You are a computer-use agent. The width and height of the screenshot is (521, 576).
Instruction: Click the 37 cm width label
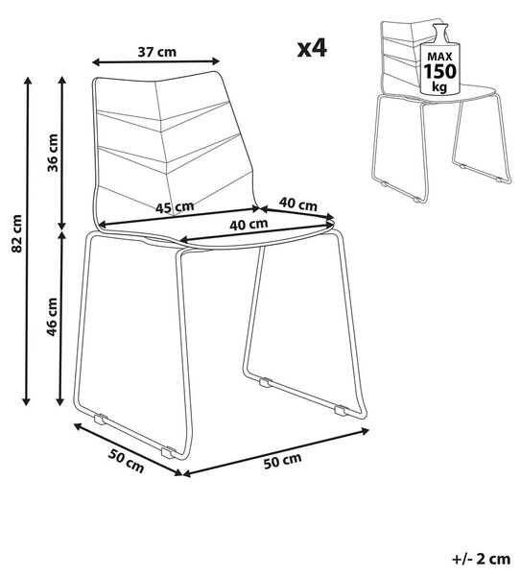(157, 52)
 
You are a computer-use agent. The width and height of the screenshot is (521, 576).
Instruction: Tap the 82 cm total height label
(17, 233)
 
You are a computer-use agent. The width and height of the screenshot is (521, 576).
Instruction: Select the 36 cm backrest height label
(53, 153)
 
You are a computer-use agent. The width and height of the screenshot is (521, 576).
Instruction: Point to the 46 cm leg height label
(52, 317)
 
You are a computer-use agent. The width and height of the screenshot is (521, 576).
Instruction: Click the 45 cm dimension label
(175, 207)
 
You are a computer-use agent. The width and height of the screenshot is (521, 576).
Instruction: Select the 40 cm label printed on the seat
(249, 224)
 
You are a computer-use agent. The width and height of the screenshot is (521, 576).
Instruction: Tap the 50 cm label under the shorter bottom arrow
(126, 461)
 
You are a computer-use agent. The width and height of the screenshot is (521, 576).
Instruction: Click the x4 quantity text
(312, 49)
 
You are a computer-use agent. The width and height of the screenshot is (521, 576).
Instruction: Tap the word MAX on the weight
(439, 58)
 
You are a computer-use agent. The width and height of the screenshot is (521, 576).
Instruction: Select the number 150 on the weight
(440, 71)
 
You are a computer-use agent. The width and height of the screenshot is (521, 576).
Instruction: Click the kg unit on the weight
(439, 87)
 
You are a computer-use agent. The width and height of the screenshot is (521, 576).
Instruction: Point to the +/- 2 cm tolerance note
(481, 560)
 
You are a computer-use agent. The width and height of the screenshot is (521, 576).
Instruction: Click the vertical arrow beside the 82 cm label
(27, 241)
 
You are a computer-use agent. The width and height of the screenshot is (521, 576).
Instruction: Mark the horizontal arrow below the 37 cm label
(156, 61)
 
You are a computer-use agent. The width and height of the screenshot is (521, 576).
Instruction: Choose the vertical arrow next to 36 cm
(62, 153)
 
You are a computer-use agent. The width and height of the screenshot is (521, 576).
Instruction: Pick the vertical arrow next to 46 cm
(62, 319)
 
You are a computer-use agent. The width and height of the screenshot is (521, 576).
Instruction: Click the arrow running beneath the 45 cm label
(180, 217)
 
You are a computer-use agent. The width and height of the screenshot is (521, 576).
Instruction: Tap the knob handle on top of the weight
(440, 32)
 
